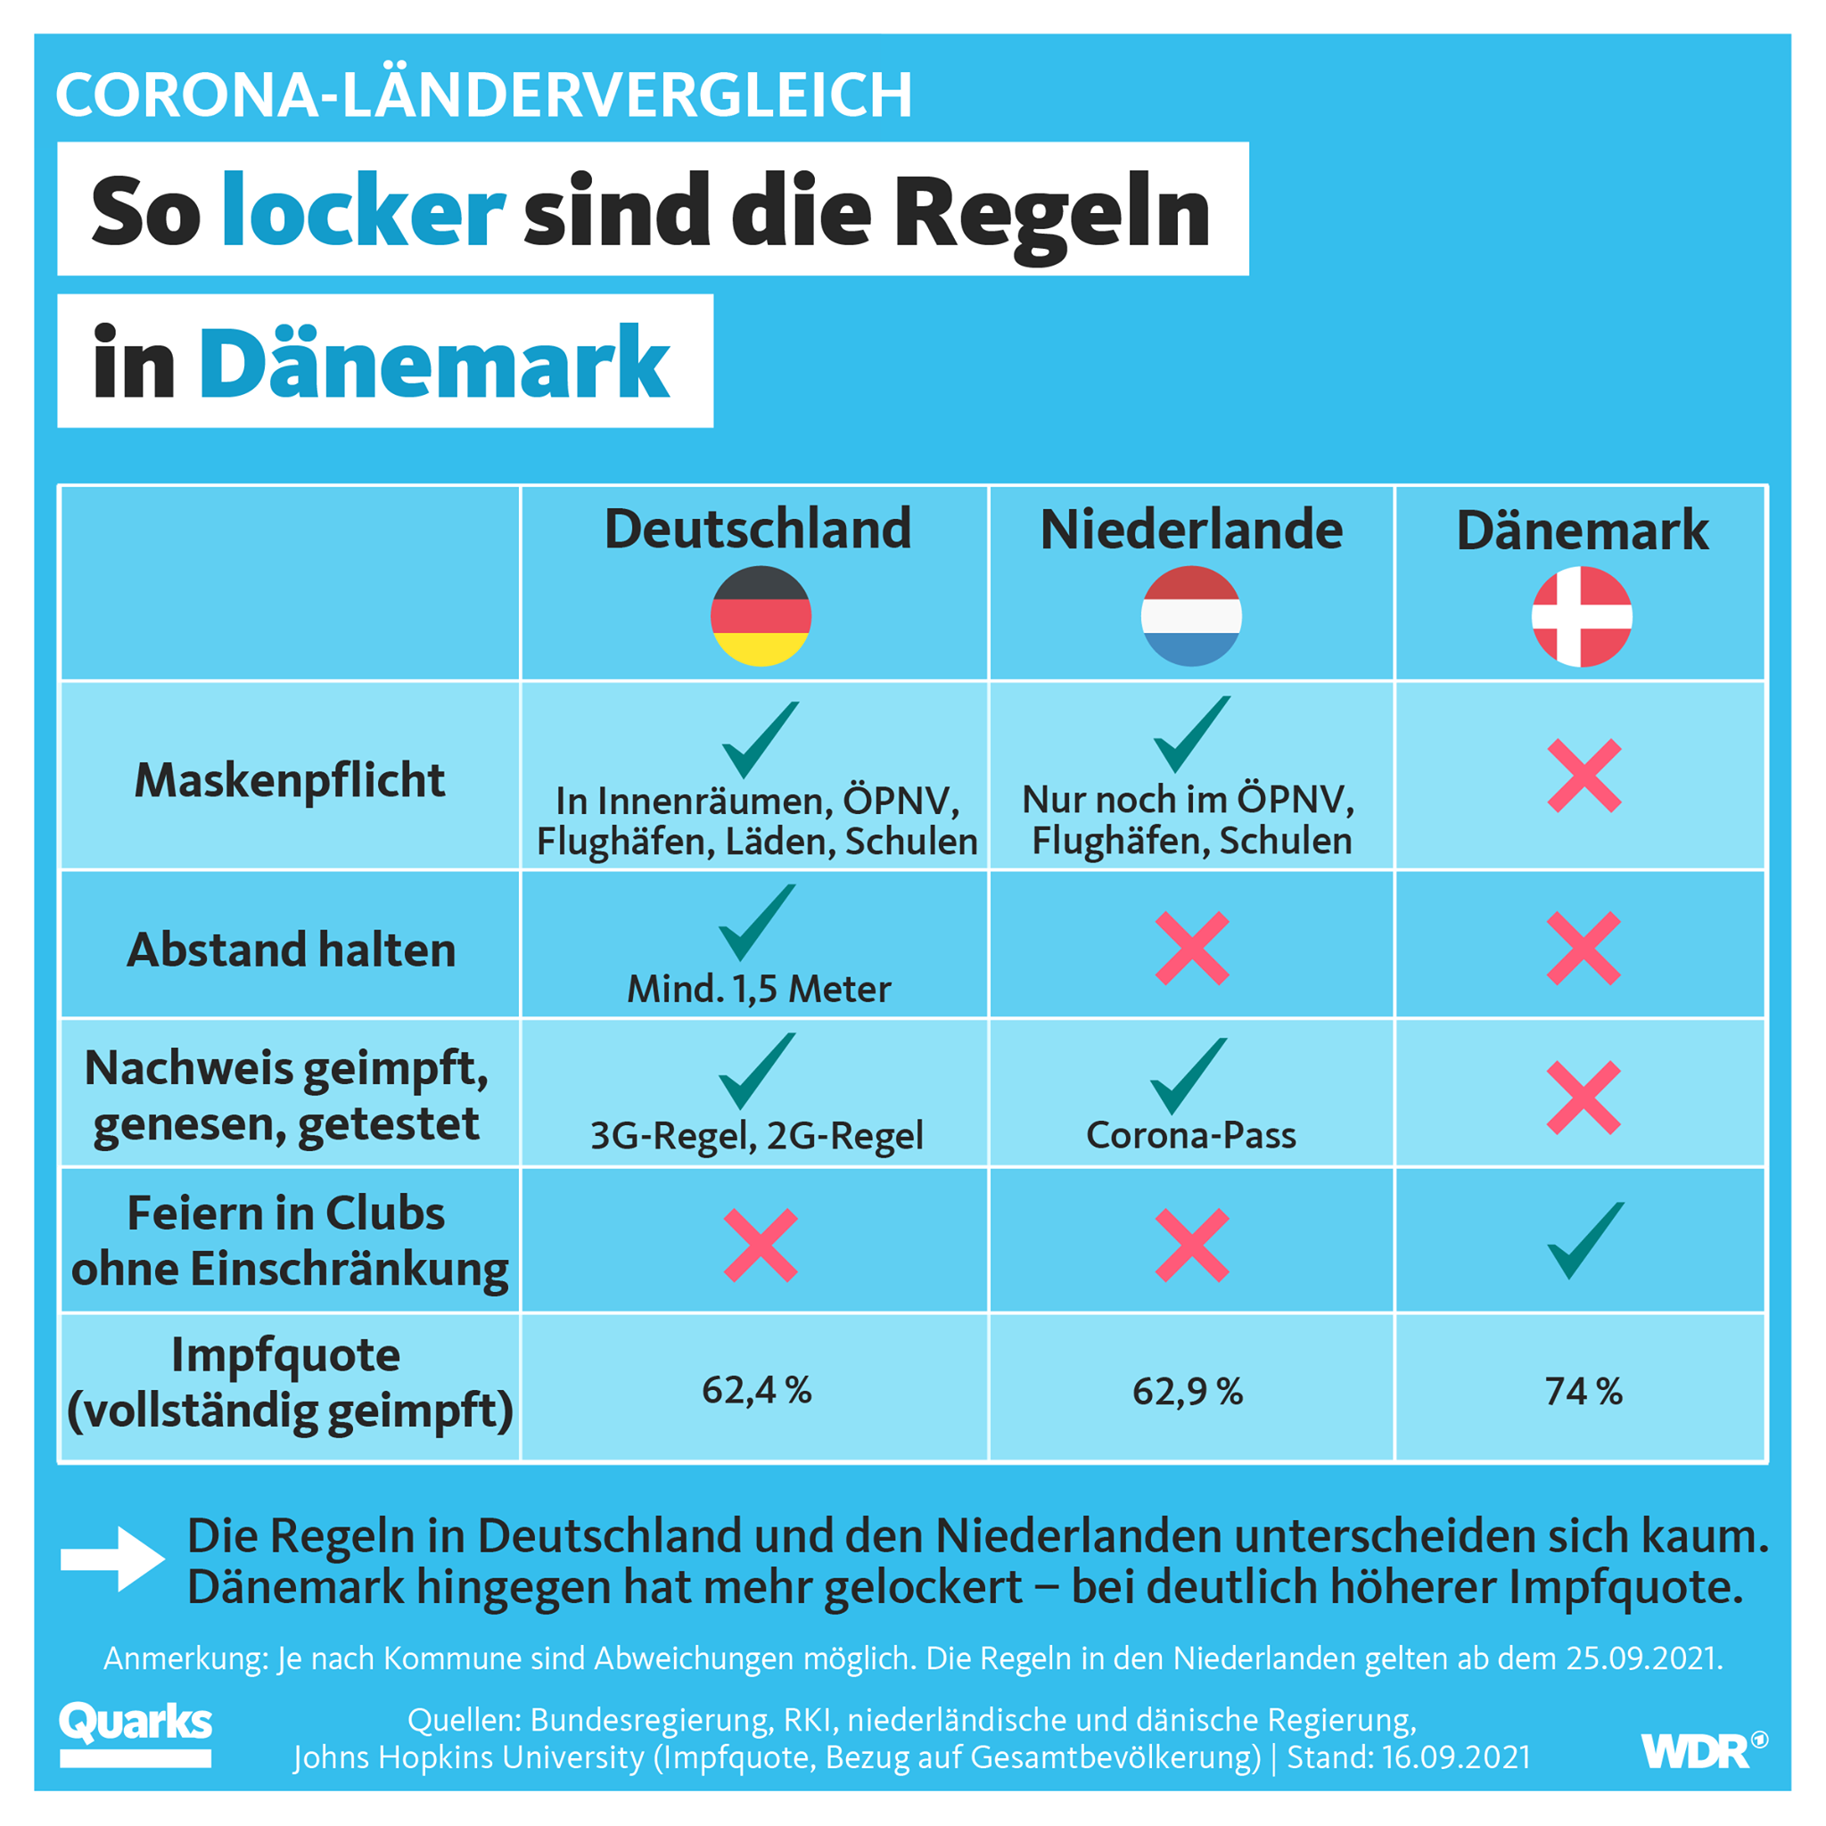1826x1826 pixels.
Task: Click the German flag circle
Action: click(761, 616)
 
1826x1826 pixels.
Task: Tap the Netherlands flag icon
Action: click(1191, 616)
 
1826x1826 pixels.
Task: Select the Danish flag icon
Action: click(1583, 616)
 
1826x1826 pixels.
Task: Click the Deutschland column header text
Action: click(758, 529)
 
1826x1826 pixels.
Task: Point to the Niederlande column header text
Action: click(1191, 530)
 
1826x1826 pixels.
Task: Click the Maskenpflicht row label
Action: click(289, 781)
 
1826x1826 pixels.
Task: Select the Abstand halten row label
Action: click(291, 950)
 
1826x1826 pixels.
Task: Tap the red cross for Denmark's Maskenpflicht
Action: click(1584, 776)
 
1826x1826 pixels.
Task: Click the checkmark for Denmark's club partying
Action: click(1586, 1240)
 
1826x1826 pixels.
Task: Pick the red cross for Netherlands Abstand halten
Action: click(1192, 948)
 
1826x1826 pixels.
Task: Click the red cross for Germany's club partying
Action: click(760, 1245)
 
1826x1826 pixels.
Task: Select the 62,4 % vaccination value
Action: click(756, 1390)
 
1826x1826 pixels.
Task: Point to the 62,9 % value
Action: click(1187, 1391)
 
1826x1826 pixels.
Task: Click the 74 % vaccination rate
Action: click(1583, 1391)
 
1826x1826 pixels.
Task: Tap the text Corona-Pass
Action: click(1191, 1135)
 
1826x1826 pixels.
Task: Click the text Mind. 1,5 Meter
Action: click(759, 990)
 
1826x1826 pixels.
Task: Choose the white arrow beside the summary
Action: click(112, 1559)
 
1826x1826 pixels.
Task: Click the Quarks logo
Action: click(136, 1733)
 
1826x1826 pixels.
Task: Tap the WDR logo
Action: click(1704, 1749)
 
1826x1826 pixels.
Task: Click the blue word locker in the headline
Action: click(363, 210)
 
